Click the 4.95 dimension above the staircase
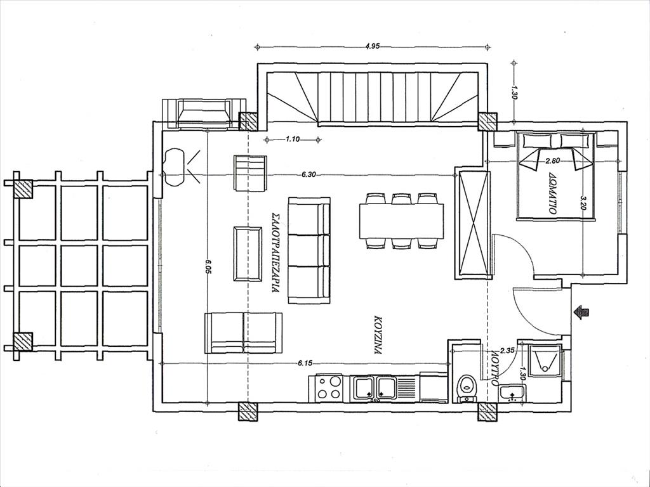pos(373,46)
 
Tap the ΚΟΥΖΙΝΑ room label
pos(377,336)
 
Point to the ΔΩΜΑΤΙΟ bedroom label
pos(552,193)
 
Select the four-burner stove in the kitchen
pos(329,388)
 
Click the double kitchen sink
pos(374,389)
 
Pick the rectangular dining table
pos(401,221)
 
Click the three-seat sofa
pos(309,250)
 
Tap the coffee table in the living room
pos(248,254)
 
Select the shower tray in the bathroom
pos(545,360)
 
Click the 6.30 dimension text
pos(308,175)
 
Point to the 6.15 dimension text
pos(305,363)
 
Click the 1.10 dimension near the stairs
pos(292,139)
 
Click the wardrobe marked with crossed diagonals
pos(472,223)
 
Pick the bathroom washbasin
pos(512,393)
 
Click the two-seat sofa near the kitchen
pos(243,333)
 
